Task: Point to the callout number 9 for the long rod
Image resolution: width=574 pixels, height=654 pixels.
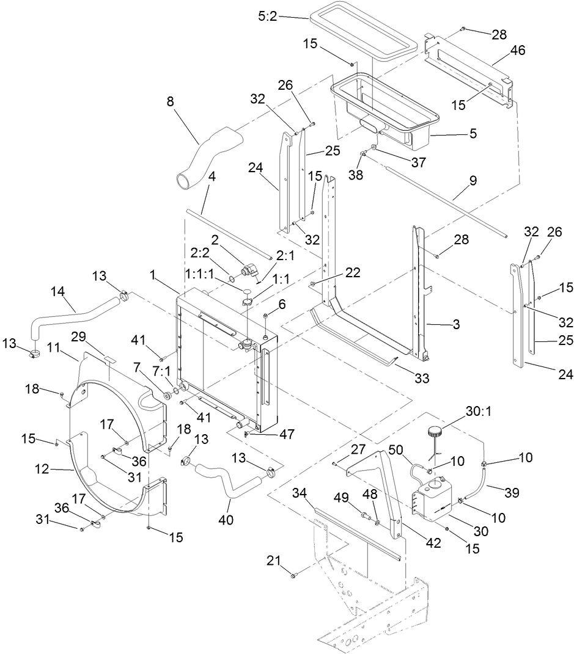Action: coord(474,181)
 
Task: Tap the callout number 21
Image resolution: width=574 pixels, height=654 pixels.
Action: coord(274,560)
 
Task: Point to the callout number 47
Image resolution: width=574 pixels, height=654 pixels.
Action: coord(287,435)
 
